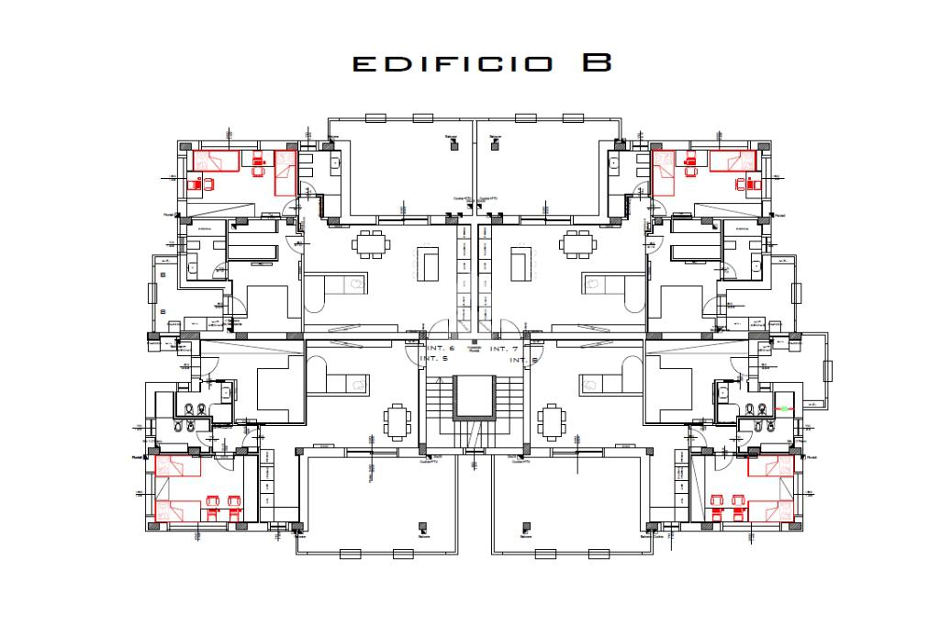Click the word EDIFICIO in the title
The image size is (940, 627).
tap(452, 64)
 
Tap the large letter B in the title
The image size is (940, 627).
tap(597, 62)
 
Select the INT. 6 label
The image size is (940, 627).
tap(440, 350)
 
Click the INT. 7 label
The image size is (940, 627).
tap(504, 350)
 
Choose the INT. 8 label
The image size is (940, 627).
tap(522, 361)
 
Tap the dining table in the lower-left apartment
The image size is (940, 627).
tap(397, 421)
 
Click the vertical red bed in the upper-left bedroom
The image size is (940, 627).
tap(285, 173)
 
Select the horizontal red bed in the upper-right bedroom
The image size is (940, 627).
tap(731, 161)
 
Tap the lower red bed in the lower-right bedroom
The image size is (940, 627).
tap(770, 510)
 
